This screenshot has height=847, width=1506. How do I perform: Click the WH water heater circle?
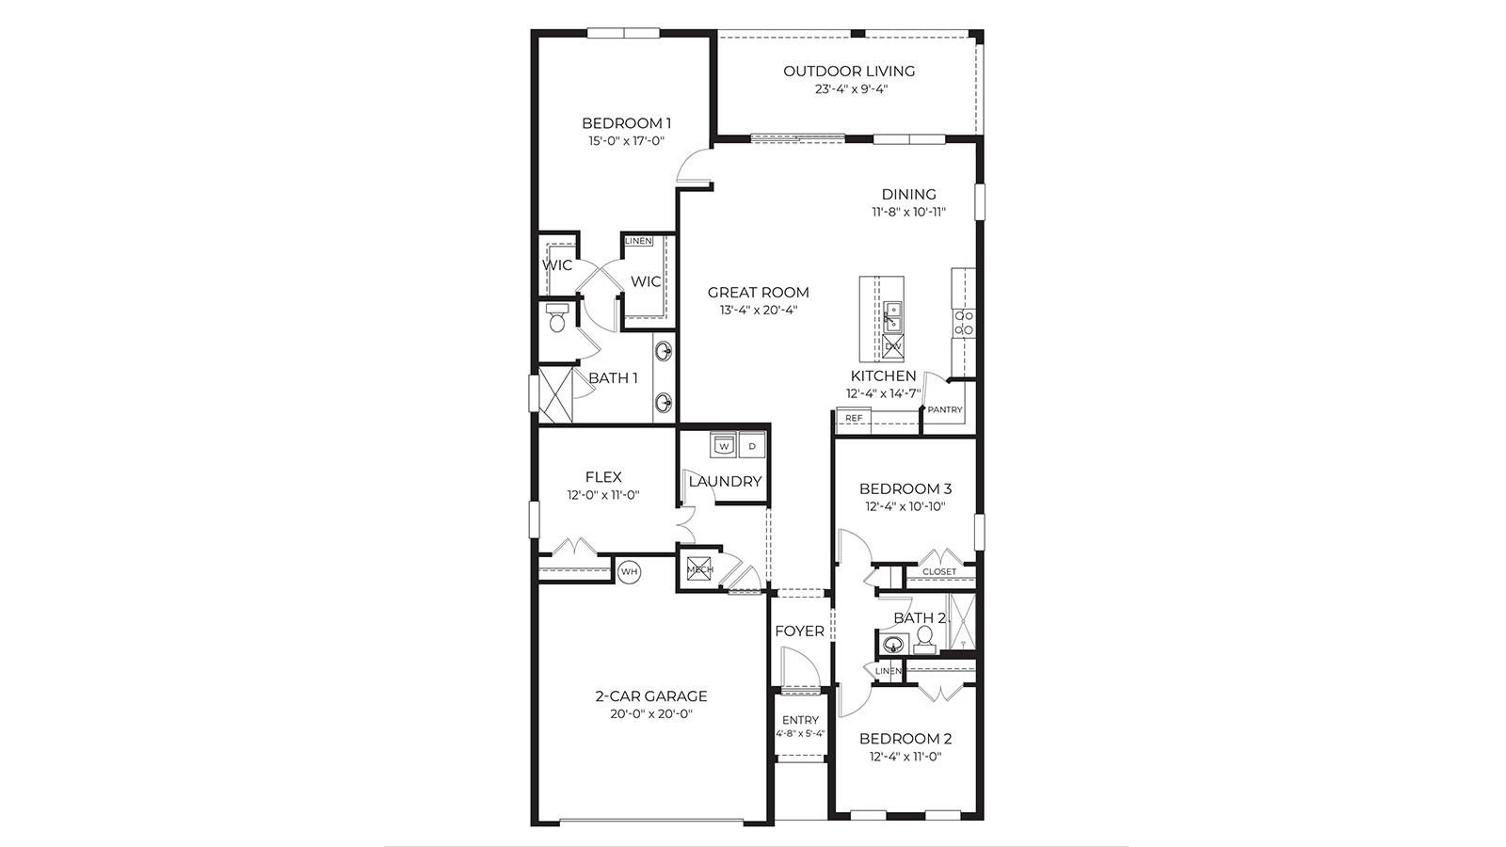pyautogui.click(x=629, y=571)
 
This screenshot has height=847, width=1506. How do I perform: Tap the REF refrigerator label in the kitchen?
pyautogui.click(x=854, y=418)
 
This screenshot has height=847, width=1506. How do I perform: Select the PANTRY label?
pyautogui.click(x=945, y=410)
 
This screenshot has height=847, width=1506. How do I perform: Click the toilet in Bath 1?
pyautogui.click(x=557, y=320)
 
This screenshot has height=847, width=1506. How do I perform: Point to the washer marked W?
pyautogui.click(x=724, y=445)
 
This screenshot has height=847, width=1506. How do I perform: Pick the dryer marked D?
pyautogui.click(x=753, y=445)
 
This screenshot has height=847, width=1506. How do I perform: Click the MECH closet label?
pyautogui.click(x=699, y=569)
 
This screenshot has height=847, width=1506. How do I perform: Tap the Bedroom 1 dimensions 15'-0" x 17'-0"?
pyautogui.click(x=627, y=141)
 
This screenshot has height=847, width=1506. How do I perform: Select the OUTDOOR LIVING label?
pyautogui.click(x=849, y=71)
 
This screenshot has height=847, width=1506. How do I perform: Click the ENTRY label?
pyautogui.click(x=800, y=720)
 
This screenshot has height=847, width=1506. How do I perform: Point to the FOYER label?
pyautogui.click(x=799, y=631)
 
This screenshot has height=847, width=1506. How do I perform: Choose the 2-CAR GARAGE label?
pyautogui.click(x=651, y=696)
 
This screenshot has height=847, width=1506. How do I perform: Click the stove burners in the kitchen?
pyautogui.click(x=964, y=324)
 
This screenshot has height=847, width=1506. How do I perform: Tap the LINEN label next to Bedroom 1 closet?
pyautogui.click(x=638, y=242)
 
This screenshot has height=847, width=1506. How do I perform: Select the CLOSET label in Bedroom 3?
pyautogui.click(x=939, y=572)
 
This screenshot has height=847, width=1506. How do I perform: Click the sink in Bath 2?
pyautogui.click(x=893, y=645)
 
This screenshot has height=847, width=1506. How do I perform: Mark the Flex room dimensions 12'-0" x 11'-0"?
pyautogui.click(x=603, y=495)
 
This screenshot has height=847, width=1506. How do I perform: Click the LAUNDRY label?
pyautogui.click(x=725, y=481)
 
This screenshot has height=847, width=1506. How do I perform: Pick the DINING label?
pyautogui.click(x=909, y=195)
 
